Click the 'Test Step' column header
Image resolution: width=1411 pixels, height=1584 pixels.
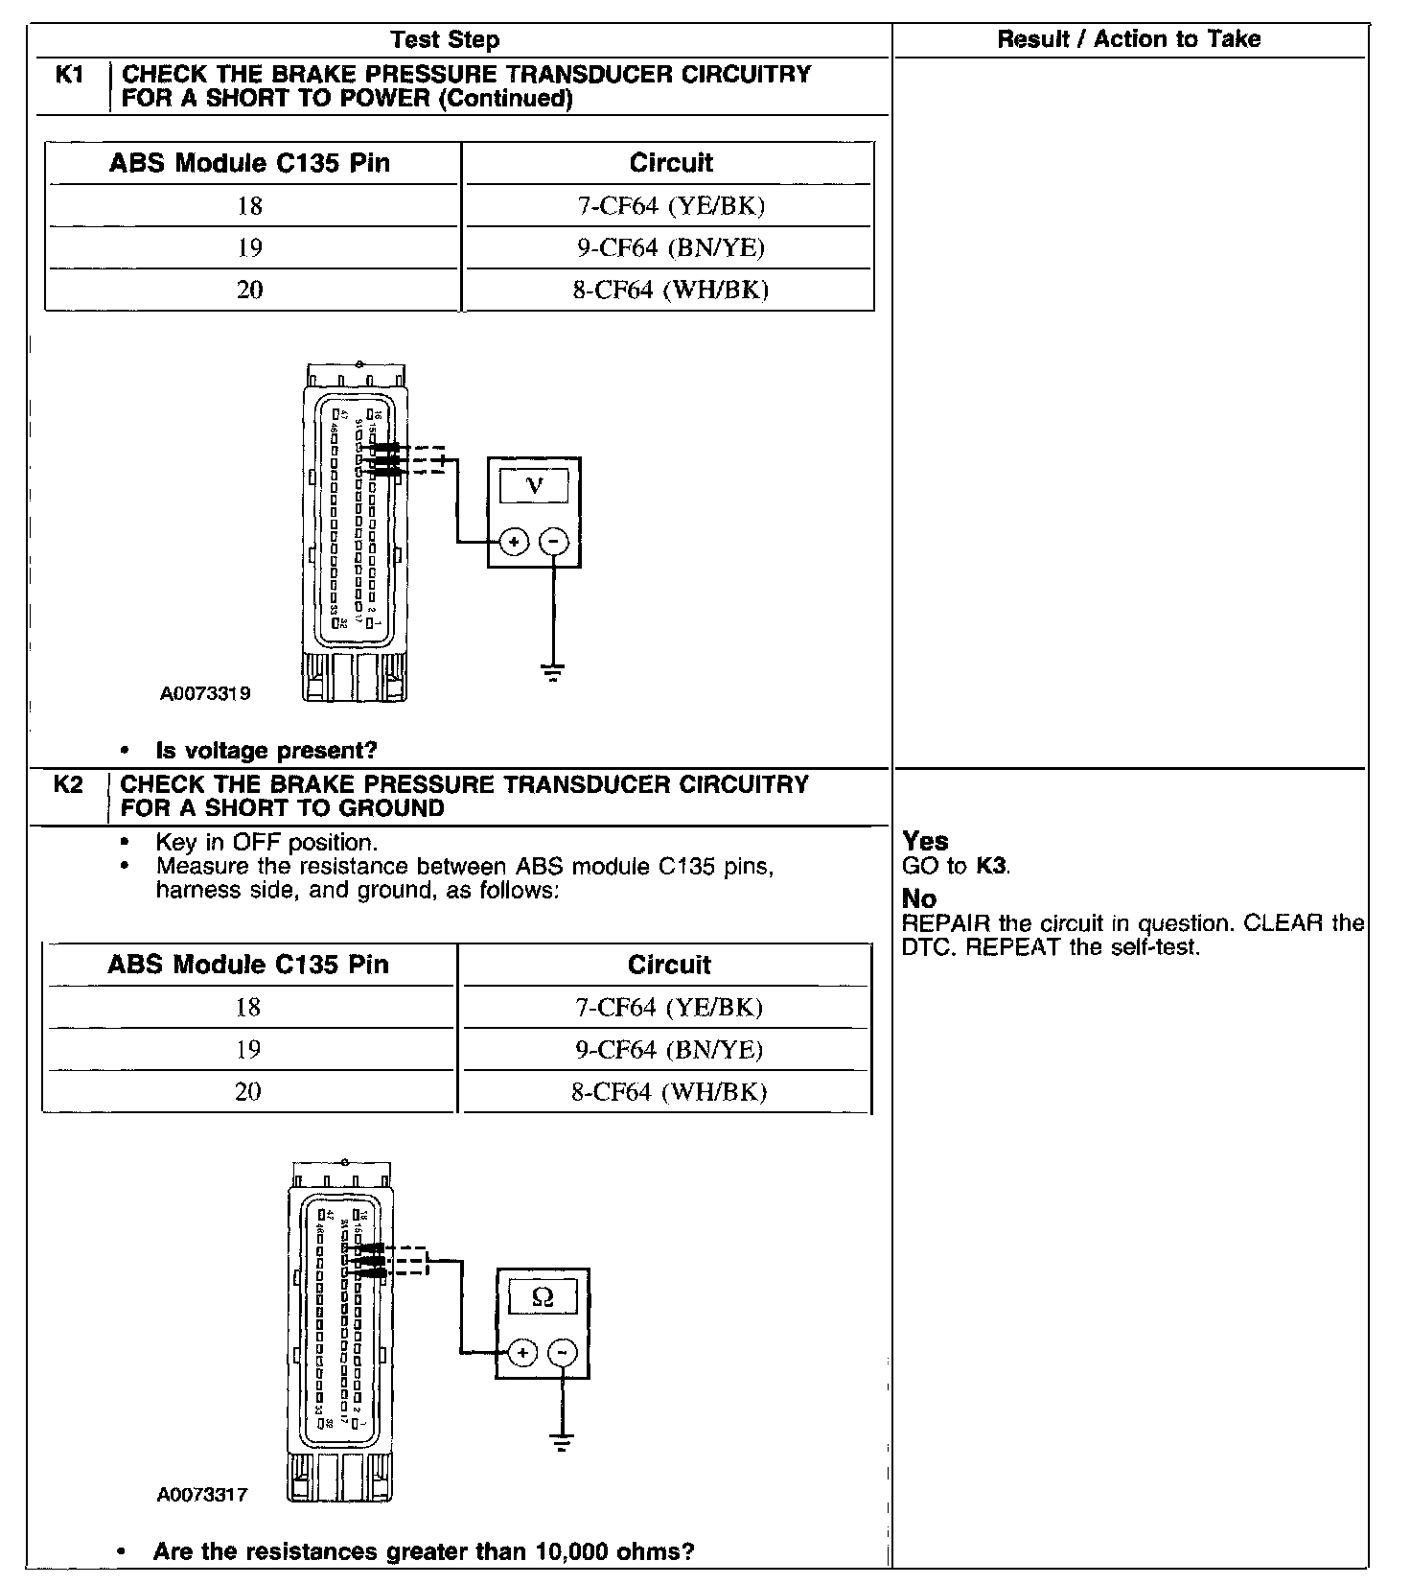(445, 40)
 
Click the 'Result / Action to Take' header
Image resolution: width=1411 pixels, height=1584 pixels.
(1128, 39)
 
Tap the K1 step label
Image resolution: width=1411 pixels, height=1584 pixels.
(69, 75)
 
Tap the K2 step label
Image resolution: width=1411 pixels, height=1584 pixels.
(67, 785)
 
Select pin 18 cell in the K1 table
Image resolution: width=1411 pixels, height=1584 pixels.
(249, 206)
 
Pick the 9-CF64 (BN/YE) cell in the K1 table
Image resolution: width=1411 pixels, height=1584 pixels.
(670, 248)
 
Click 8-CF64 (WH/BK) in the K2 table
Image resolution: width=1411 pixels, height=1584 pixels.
(669, 1092)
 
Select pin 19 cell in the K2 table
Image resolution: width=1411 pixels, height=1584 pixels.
(247, 1050)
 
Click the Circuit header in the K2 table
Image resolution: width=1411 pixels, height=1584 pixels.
(669, 965)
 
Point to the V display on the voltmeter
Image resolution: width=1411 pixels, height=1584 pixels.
(535, 486)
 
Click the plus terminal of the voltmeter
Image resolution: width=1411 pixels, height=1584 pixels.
(515, 543)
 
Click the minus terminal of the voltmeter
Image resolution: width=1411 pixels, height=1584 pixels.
(554, 543)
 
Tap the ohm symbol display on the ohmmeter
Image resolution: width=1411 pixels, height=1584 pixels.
(543, 1298)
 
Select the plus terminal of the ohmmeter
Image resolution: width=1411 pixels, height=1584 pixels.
(522, 1353)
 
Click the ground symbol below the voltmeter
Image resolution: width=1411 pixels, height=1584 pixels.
(553, 671)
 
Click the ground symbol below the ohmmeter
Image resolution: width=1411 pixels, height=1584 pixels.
(562, 1442)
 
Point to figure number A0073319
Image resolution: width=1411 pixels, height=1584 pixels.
(205, 693)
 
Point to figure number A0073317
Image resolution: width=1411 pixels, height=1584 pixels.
(202, 1495)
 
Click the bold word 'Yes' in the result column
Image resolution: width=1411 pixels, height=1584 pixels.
(925, 842)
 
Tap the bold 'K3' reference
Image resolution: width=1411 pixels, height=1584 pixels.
(992, 866)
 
